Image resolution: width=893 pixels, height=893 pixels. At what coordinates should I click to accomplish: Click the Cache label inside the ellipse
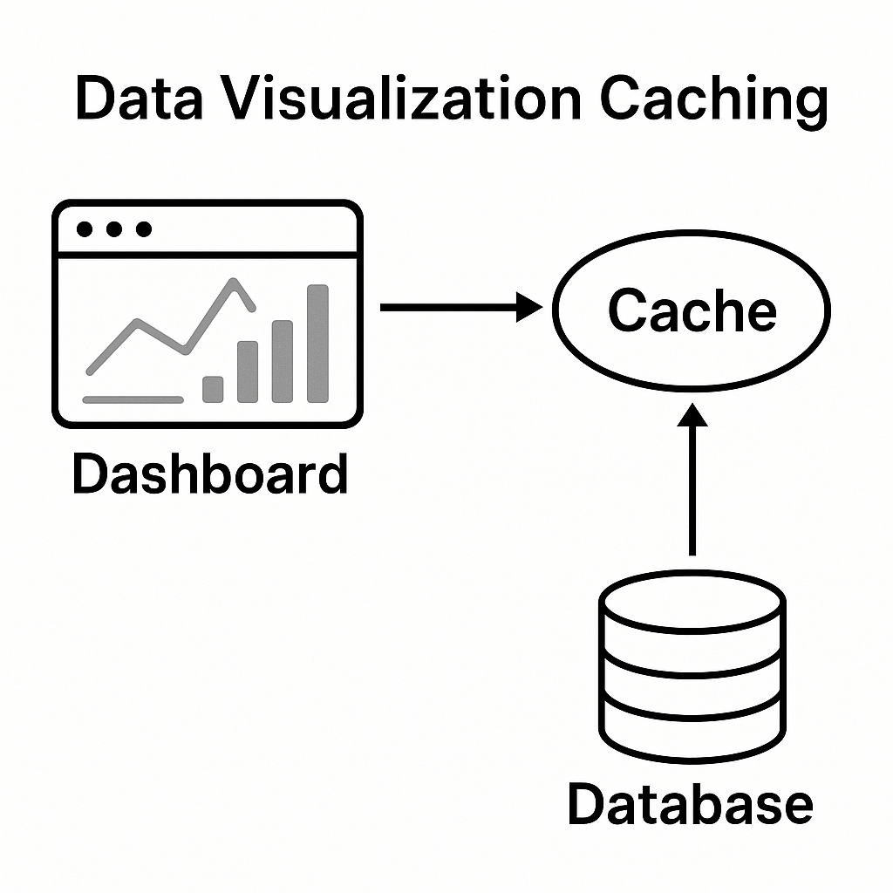click(x=692, y=310)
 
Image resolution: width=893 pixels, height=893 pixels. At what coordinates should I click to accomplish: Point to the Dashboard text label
click(x=209, y=474)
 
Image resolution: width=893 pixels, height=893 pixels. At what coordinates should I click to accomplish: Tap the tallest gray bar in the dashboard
click(x=318, y=344)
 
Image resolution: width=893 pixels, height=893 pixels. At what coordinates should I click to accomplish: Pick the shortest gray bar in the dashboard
click(x=213, y=389)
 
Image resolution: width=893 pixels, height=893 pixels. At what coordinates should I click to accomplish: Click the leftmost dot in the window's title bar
click(x=85, y=229)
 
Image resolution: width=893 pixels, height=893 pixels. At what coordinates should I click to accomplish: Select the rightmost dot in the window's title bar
click(x=144, y=229)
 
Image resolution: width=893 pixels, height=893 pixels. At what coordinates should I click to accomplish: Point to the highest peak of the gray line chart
click(x=234, y=282)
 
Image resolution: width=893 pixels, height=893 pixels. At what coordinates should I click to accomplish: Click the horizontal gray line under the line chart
click(x=133, y=400)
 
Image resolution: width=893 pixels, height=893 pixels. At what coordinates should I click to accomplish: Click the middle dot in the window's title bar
click(x=114, y=229)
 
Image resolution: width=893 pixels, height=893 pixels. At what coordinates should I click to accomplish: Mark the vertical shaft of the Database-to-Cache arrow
click(x=693, y=497)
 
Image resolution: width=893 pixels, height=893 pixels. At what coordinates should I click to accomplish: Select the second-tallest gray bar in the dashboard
click(x=283, y=361)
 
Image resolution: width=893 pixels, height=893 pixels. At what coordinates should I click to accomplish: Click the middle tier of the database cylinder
click(x=692, y=680)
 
